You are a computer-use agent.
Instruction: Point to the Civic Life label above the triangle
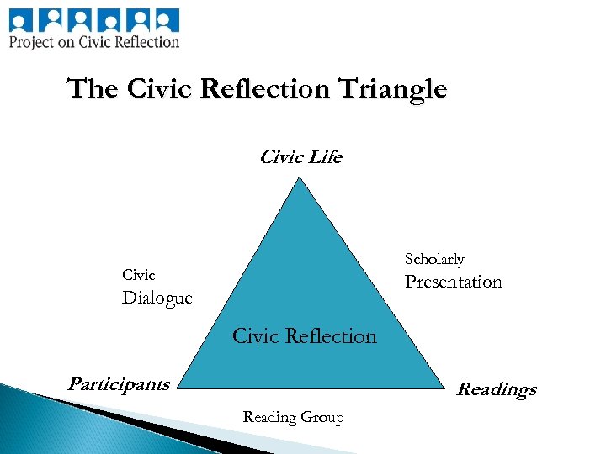300,157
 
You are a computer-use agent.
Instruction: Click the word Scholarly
434,259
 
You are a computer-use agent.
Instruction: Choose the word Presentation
454,282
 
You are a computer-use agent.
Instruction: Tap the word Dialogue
157,298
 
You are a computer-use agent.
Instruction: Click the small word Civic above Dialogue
139,275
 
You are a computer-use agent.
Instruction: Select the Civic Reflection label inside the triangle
304,336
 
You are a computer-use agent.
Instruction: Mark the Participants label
119,384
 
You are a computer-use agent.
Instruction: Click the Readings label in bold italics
497,389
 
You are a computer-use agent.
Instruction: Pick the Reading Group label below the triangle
293,417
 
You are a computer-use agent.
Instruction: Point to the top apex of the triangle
300,176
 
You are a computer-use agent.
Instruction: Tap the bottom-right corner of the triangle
444,388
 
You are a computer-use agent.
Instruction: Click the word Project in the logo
31,41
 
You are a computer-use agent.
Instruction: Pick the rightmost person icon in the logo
166,19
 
